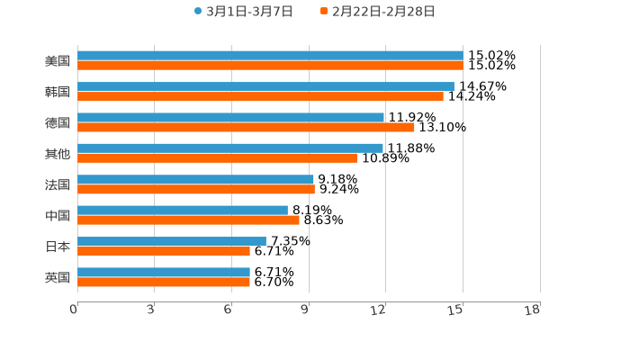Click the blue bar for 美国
(270, 56)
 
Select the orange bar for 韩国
(260, 96)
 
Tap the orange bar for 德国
(246, 127)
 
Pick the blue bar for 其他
(230, 148)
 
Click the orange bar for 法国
(196, 189)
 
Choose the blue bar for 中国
(183, 210)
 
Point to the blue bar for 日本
(172, 241)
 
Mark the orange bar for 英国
(164, 282)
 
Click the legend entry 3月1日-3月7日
(243, 12)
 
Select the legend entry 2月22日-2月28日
(377, 12)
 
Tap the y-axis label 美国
(58, 61)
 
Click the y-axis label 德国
(58, 122)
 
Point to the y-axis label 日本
(58, 246)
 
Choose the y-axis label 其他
(58, 153)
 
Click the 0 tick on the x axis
(74, 310)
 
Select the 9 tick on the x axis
(306, 310)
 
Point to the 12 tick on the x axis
(379, 310)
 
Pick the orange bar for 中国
(188, 220)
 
